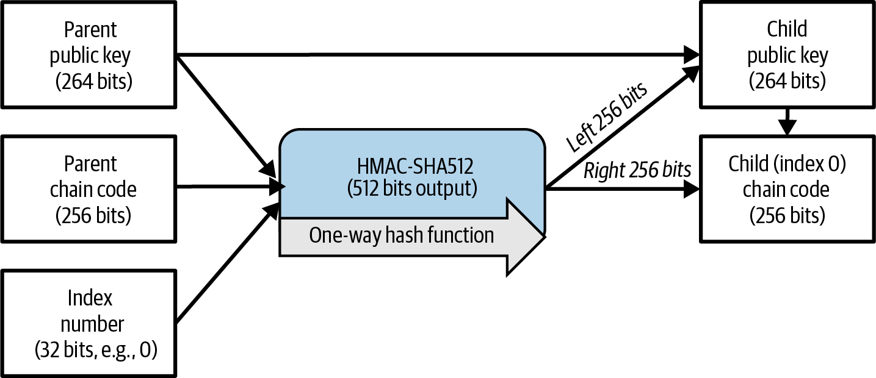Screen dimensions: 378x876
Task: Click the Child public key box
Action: (x=787, y=55)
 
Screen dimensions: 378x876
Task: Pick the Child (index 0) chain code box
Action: (x=787, y=189)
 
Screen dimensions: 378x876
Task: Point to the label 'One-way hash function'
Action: (x=401, y=235)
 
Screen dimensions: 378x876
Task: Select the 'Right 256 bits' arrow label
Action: (x=637, y=170)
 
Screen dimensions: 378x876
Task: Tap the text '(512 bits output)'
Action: (x=412, y=189)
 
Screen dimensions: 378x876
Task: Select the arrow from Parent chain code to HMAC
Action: (x=229, y=186)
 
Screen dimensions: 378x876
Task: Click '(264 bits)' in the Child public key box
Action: (x=787, y=82)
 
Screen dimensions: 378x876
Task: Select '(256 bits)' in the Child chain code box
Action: (x=787, y=215)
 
